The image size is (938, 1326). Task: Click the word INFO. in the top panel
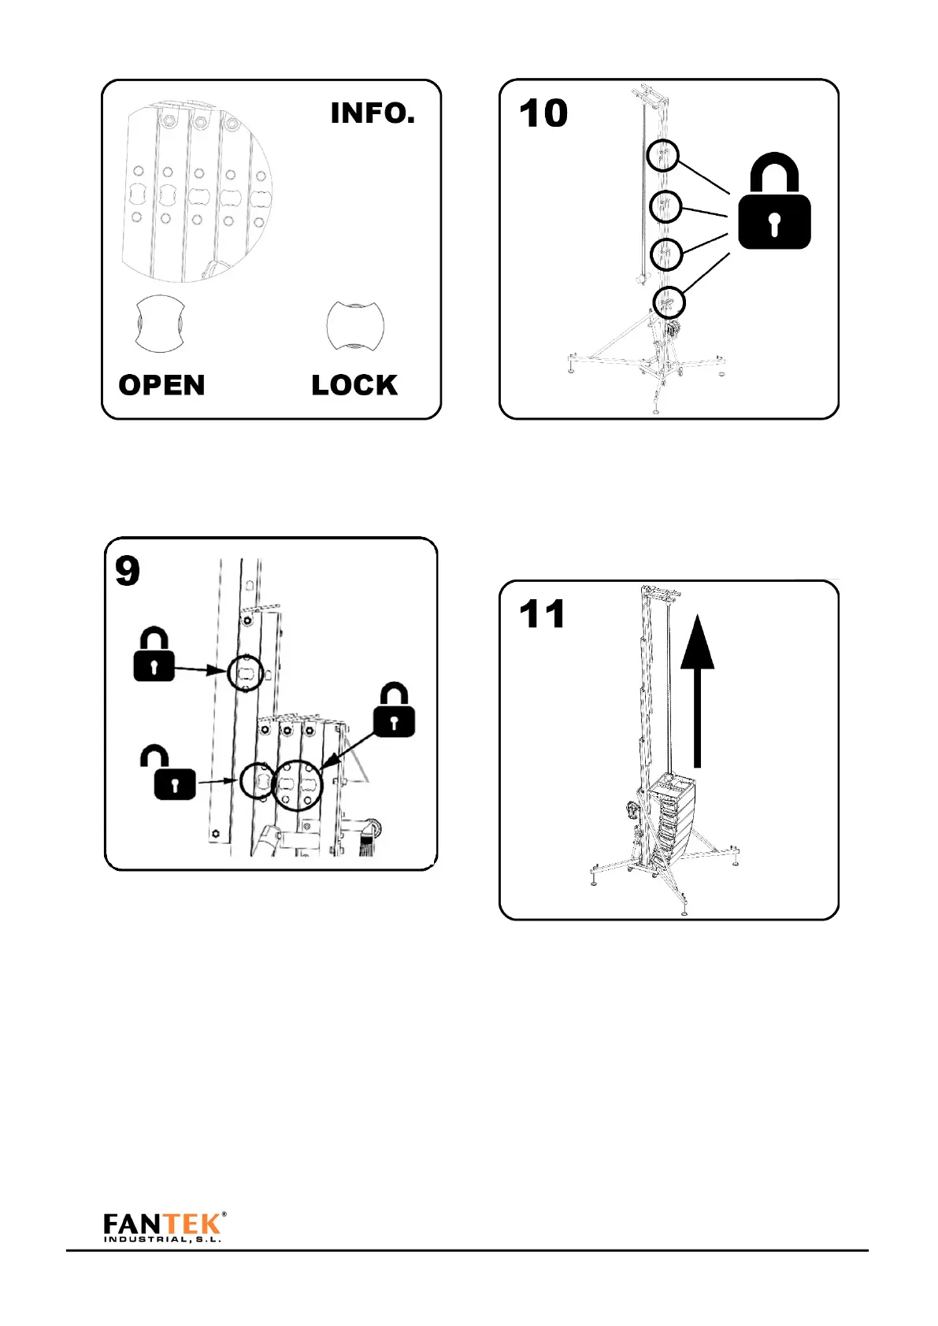373,113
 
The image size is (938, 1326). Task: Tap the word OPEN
161,385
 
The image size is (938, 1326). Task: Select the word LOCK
354,385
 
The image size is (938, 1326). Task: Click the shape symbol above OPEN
160,324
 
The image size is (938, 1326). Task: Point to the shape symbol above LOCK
355,324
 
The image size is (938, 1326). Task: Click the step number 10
543,113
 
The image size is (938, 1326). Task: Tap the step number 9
128,571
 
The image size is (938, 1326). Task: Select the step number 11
543,614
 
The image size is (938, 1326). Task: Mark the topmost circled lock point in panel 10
663,155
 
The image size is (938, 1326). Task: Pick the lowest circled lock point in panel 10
669,302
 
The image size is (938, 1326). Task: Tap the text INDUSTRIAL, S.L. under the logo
162,1240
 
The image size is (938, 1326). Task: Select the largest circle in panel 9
297,785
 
